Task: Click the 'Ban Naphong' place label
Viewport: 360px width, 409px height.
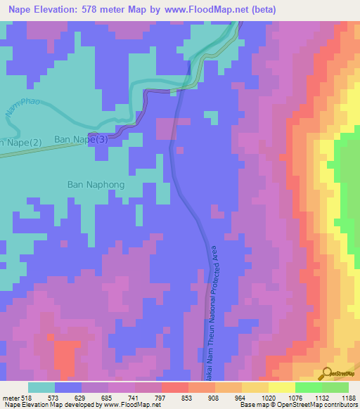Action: [x=96, y=185]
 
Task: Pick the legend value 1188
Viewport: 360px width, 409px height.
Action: [x=347, y=397]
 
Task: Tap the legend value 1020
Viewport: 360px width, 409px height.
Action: [x=267, y=397]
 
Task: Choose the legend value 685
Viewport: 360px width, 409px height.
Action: [x=107, y=397]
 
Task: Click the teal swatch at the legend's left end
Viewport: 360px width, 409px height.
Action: [x=41, y=387]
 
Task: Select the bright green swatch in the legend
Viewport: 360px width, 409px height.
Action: [x=308, y=387]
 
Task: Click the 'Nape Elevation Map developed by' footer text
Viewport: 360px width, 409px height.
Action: [x=49, y=405]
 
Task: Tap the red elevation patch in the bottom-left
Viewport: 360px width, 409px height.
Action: [x=66, y=355]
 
